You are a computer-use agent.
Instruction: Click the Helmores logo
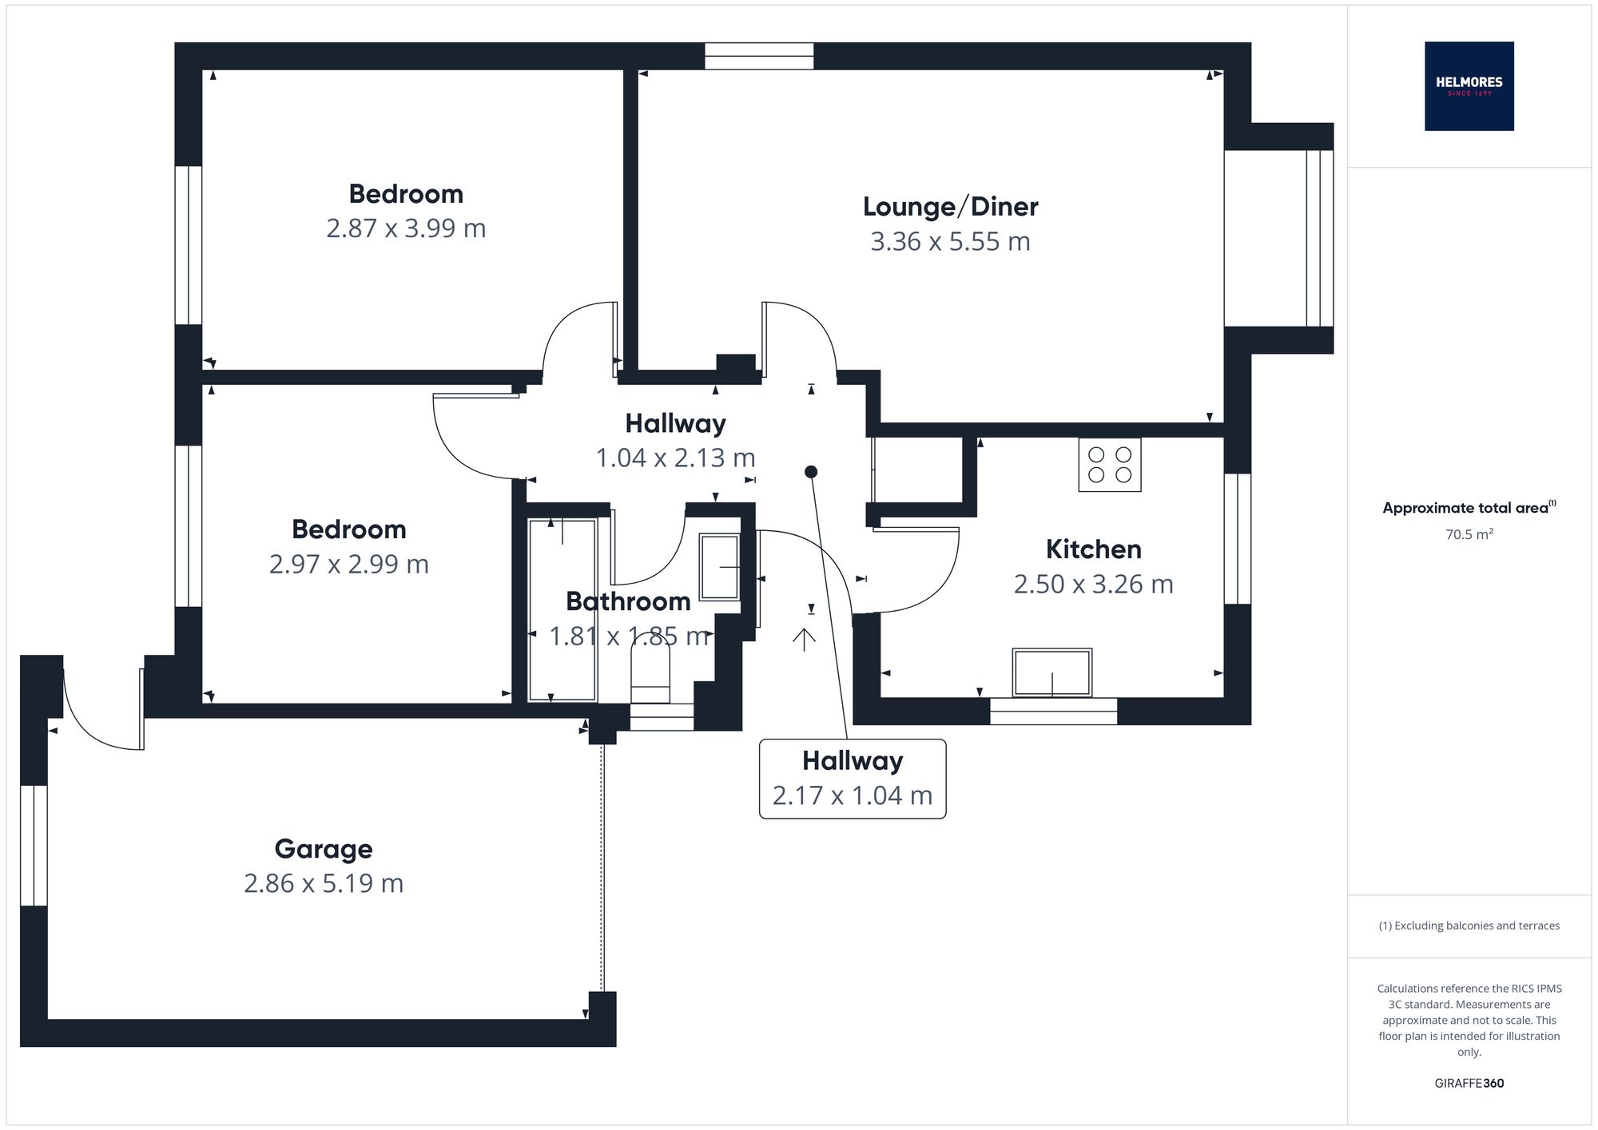click(1469, 86)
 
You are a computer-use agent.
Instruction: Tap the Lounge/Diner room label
click(950, 207)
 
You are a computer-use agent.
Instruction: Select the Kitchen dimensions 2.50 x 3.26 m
click(1093, 585)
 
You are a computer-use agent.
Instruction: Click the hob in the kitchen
click(1109, 465)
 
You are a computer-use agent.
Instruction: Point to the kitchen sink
click(1051, 672)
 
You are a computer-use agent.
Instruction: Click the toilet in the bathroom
click(650, 671)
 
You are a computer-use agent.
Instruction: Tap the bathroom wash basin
click(719, 567)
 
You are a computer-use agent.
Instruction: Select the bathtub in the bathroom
click(562, 609)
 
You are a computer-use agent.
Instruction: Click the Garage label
click(323, 849)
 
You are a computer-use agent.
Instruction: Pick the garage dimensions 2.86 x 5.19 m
click(323, 884)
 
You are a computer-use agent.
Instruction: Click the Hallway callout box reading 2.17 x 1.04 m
click(852, 779)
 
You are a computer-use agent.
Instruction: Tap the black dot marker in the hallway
click(811, 472)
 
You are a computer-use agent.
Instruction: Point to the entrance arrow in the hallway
click(804, 638)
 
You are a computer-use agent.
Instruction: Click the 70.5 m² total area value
click(1469, 534)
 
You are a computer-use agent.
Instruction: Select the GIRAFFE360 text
click(1469, 1084)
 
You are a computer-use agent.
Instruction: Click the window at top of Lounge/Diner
click(758, 56)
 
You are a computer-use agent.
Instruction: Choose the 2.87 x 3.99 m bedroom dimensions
click(406, 229)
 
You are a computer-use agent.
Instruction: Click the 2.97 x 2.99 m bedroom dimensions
click(348, 565)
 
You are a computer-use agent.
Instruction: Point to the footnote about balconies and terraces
click(1469, 926)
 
